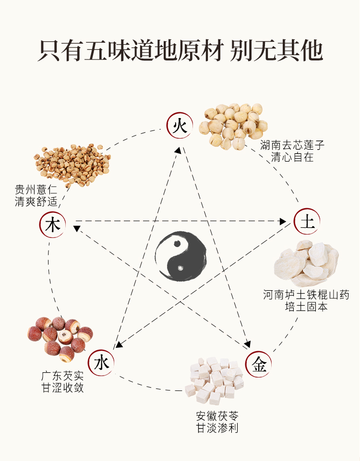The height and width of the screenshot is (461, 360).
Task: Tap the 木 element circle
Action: tap(52, 225)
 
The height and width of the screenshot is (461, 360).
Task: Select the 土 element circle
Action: tap(307, 222)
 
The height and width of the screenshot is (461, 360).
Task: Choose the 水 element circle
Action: tap(102, 363)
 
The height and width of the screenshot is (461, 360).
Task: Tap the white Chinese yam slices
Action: tap(307, 263)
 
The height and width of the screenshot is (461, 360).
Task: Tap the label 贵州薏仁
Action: tap(36, 189)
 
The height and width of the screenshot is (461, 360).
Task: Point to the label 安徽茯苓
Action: tap(217, 415)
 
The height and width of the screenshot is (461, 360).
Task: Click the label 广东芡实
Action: tap(62, 376)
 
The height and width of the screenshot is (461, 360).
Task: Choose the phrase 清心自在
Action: tap(292, 157)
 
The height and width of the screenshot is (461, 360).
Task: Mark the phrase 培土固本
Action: tap(306, 306)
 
